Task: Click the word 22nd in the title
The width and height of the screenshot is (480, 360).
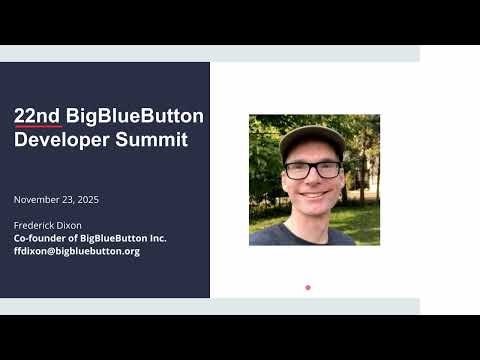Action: click(x=38, y=116)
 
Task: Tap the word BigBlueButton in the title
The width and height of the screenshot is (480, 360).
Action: click(x=135, y=116)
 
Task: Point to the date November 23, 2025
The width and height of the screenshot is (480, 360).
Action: click(x=56, y=200)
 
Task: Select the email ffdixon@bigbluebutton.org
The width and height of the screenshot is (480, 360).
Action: click(x=76, y=251)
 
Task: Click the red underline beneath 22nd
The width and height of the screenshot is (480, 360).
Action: click(x=38, y=127)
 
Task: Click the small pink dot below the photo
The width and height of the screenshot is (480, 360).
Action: click(x=308, y=287)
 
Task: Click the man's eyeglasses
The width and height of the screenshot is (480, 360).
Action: click(x=312, y=169)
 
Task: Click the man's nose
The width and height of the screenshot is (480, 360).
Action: click(x=313, y=181)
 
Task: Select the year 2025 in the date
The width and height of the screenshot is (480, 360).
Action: click(x=88, y=200)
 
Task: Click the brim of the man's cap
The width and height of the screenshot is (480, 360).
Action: click(x=311, y=152)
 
